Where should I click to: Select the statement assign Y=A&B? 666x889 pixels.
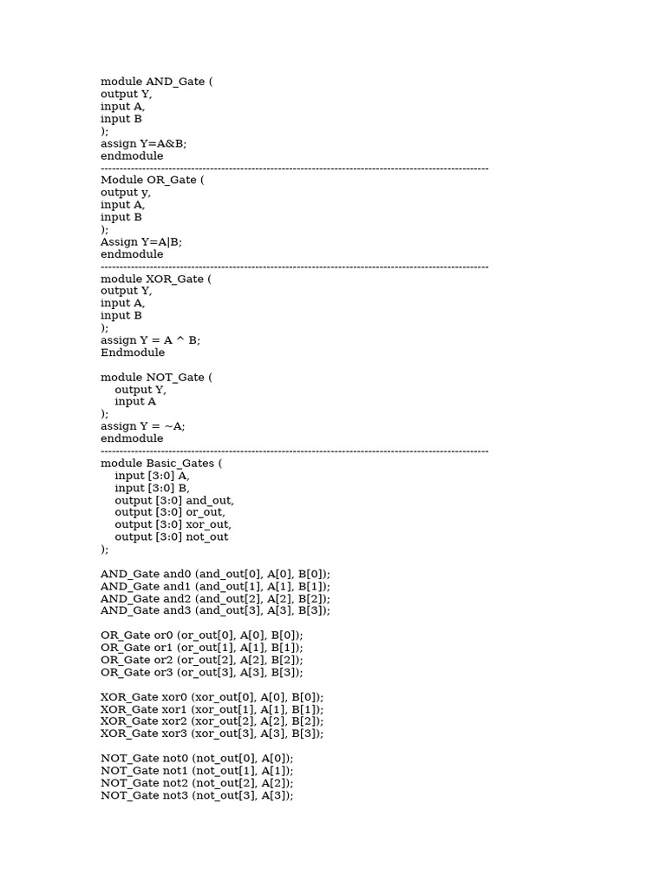pos(143,143)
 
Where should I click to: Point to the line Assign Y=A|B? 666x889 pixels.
pos(141,242)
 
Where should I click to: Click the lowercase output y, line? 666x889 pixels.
pos(126,193)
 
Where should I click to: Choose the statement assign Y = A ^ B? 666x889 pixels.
pos(150,340)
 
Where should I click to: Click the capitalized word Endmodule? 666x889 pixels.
pos(133,352)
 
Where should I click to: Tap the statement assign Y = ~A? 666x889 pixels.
pos(143,426)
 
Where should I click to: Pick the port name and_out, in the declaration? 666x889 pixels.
pos(210,500)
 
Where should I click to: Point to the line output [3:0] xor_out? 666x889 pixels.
pos(173,524)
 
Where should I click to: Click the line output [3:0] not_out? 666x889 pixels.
pos(172,537)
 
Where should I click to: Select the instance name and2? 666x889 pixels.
pos(175,598)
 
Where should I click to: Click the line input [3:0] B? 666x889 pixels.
pos(152,488)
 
